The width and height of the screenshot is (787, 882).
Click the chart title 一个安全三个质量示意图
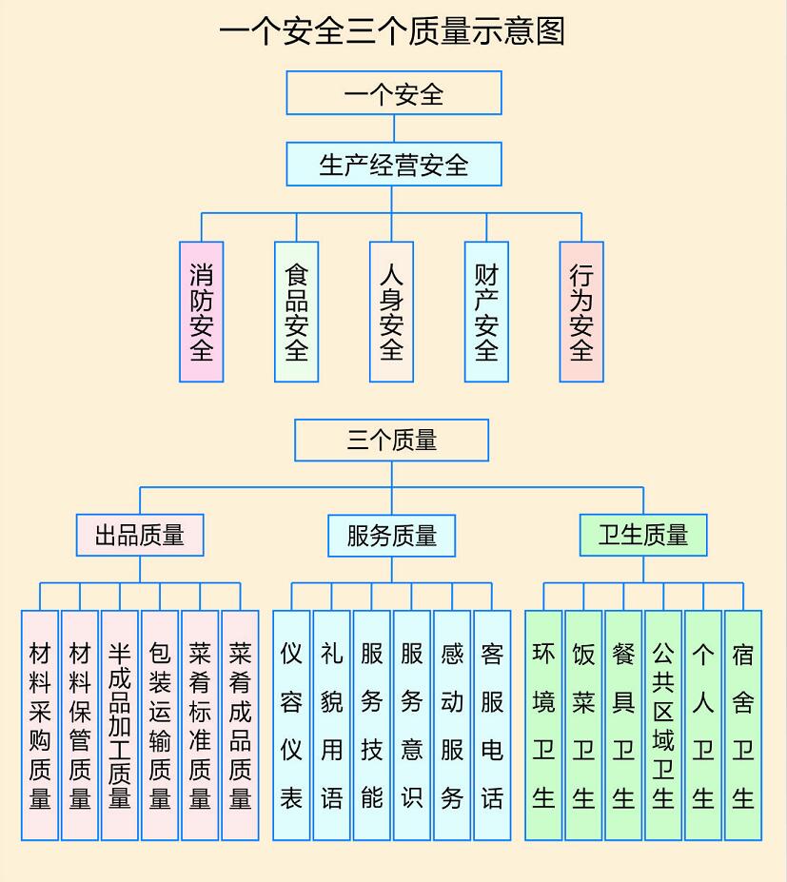[x=392, y=31]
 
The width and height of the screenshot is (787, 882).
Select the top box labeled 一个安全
[x=394, y=93]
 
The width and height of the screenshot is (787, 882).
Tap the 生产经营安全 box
[x=394, y=165]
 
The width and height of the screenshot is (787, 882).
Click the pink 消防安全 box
[x=202, y=312]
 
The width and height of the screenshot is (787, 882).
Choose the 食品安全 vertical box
[x=297, y=312]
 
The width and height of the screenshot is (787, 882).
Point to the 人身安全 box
[x=391, y=312]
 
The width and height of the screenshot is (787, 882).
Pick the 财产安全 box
[x=486, y=312]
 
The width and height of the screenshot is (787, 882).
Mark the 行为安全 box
[x=581, y=312]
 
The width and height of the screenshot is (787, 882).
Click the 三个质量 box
[x=391, y=440]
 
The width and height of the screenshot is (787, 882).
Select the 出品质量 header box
[x=140, y=535]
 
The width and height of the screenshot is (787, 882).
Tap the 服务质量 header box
[x=391, y=536]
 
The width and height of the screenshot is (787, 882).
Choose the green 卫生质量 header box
[x=643, y=535]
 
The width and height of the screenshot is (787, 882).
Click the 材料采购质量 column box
[x=40, y=726]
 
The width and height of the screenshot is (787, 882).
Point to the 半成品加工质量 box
[x=120, y=726]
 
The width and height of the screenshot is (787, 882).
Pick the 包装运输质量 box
[x=160, y=726]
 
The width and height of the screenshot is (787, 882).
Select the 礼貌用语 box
[x=332, y=726]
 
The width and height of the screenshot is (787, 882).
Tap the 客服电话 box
[x=492, y=726]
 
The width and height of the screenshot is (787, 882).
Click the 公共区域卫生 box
[x=664, y=726]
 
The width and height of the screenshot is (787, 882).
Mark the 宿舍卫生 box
[x=743, y=726]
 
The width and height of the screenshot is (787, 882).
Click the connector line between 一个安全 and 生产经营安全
[x=394, y=128]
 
